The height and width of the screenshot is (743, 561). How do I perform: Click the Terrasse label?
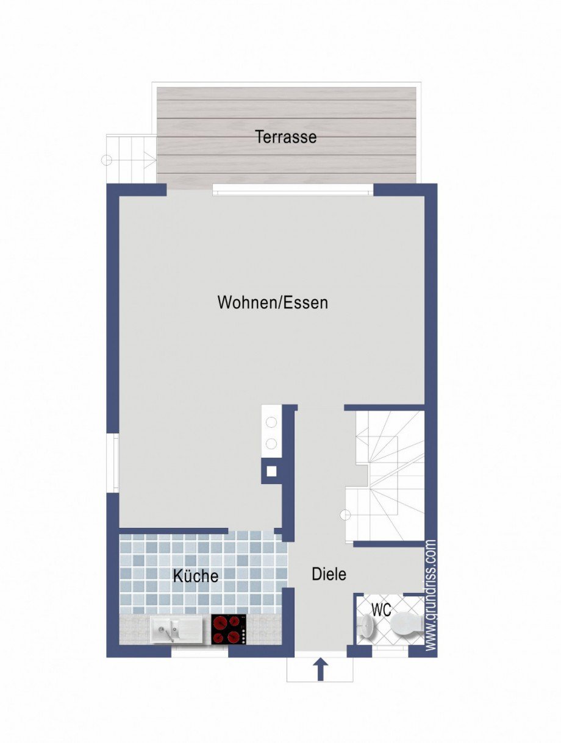286,137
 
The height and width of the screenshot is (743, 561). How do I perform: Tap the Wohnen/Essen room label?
273,302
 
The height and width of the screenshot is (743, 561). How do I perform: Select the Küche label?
196,576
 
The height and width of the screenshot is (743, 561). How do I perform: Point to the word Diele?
329,574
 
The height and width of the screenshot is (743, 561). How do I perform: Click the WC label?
381,610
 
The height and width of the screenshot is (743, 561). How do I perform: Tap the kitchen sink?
176,629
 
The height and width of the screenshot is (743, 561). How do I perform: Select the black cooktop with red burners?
229,630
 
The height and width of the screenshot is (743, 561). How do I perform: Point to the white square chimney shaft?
271,471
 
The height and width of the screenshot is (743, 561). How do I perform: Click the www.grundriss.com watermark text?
431,595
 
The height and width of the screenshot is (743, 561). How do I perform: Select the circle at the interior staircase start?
345,515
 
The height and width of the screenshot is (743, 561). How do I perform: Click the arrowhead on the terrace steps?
150,160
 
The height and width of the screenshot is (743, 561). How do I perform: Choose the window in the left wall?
113,463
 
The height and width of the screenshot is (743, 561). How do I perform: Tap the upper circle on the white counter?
271,422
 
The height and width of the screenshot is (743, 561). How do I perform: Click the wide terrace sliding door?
293,191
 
